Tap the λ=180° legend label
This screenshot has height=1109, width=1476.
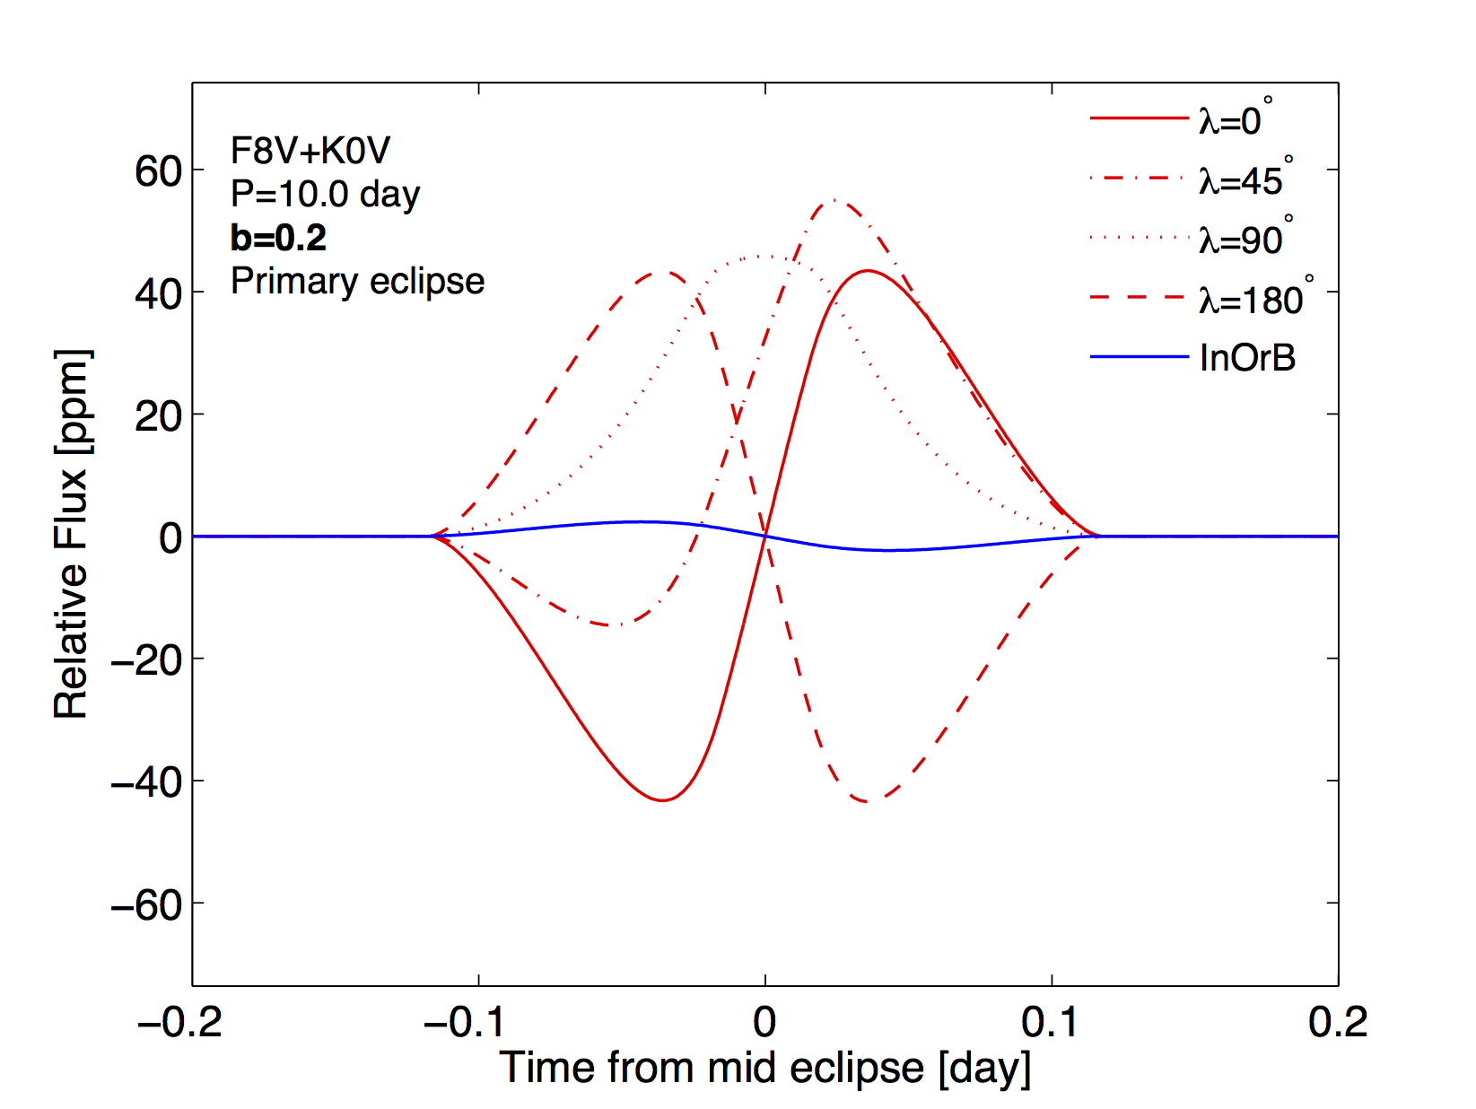1252,300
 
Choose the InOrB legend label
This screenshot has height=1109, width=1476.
1247,358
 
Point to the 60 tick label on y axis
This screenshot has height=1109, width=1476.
158,171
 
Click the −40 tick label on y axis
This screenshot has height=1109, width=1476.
146,782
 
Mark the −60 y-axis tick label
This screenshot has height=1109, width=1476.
146,904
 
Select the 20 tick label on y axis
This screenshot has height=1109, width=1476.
158,415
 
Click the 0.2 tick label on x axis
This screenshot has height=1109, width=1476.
1338,1022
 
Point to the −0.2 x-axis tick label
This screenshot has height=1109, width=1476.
179,1022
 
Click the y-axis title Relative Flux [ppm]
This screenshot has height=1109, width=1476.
72,535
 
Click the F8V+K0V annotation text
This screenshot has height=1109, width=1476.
310,151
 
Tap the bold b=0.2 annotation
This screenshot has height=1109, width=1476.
278,238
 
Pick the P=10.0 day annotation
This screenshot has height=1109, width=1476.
325,194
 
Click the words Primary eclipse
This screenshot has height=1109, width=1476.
357,281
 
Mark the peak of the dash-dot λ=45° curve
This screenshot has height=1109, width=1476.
834,200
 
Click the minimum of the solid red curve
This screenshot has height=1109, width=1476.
662,799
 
